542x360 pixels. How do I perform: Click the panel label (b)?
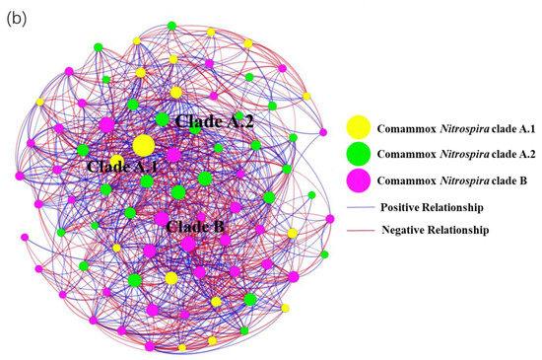19,18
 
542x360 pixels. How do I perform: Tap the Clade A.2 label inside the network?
214,121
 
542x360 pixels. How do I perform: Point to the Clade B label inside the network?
195,227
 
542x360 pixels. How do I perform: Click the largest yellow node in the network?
143,146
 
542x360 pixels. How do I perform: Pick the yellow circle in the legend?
358,127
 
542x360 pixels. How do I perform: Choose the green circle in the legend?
358,154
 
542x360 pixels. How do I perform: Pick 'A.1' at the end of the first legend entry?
522,128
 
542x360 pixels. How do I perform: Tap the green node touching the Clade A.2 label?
163,119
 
